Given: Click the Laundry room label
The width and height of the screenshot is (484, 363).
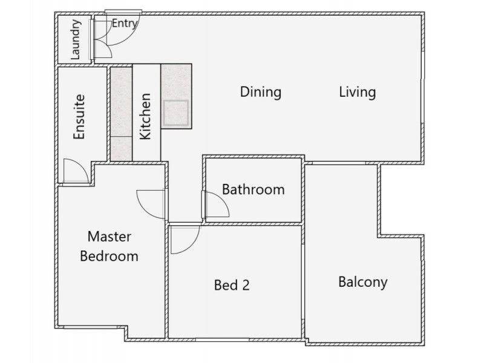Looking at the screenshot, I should click(x=76, y=40).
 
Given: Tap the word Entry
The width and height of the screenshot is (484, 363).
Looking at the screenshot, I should click(x=125, y=24).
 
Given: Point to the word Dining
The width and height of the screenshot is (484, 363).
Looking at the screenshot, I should click(x=261, y=93).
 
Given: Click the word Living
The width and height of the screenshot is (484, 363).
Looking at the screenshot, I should click(x=357, y=93).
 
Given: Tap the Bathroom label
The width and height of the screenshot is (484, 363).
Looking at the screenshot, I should click(x=253, y=189).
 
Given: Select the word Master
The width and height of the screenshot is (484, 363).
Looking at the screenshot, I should click(x=110, y=236).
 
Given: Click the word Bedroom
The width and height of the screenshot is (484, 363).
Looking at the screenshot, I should click(x=110, y=256).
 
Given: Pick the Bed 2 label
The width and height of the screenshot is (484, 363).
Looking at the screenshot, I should click(x=232, y=285).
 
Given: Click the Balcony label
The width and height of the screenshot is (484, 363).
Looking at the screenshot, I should click(x=362, y=282).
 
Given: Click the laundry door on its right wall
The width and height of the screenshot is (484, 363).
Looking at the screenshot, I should click(x=93, y=39).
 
